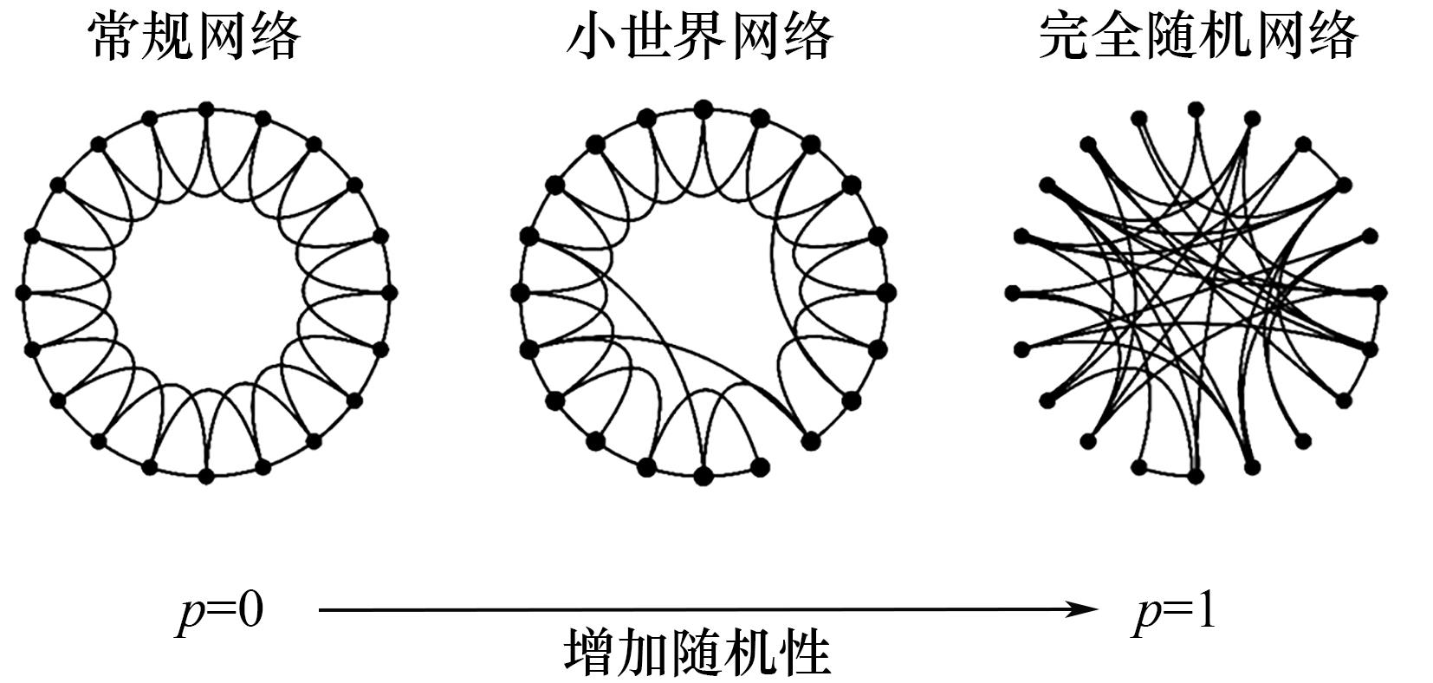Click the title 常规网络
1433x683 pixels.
[194, 37]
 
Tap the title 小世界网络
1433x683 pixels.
[700, 37]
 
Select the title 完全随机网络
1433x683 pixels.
[1198, 37]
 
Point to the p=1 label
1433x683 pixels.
[1175, 614]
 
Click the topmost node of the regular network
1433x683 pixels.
[205, 109]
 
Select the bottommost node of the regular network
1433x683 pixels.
[205, 476]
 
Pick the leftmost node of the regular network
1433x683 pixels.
[23, 292]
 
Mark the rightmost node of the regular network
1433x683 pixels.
[389, 292]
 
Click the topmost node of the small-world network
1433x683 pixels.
[703, 109]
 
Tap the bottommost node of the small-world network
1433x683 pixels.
[703, 476]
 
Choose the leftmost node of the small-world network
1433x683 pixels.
[520, 292]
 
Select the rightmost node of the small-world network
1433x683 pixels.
[886, 292]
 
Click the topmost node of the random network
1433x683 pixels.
[1196, 109]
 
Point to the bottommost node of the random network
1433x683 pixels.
[1196, 476]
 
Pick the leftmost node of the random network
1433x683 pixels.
[1013, 293]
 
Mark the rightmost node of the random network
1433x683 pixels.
[1379, 292]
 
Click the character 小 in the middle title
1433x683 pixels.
[590, 37]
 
